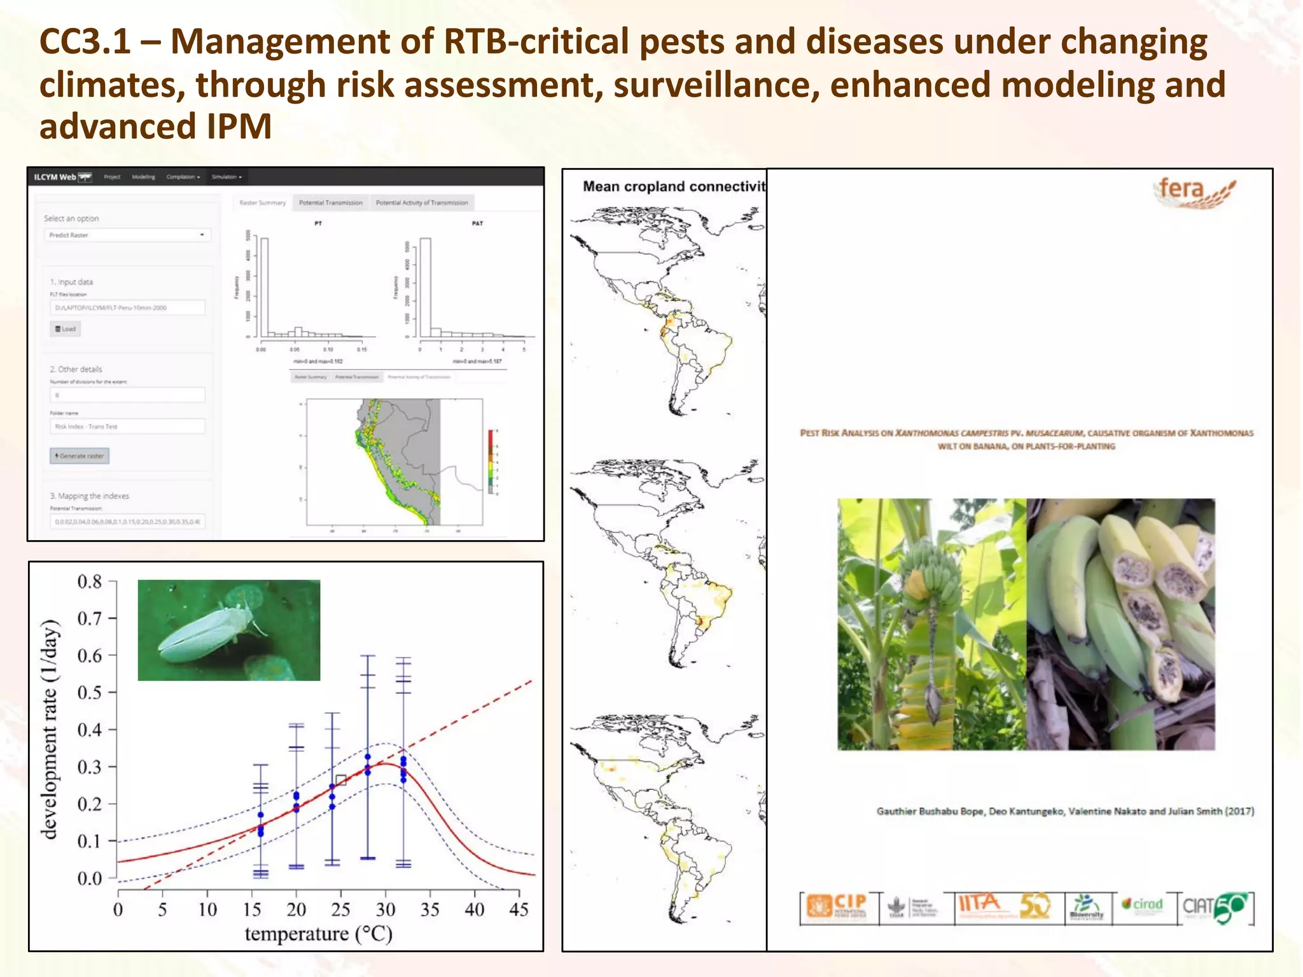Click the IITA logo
pos(980,904)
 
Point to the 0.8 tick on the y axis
pos(90,581)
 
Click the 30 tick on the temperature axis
pos(385,910)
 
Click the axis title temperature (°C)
pos(318,934)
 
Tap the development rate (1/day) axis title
pos(50,729)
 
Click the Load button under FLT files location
pos(66,329)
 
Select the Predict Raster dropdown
pos(127,235)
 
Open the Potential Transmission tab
pos(330,203)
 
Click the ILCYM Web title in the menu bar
pos(55,177)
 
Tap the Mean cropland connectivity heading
pos(673,186)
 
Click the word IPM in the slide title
pos(239,126)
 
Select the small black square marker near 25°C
pos(341,780)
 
